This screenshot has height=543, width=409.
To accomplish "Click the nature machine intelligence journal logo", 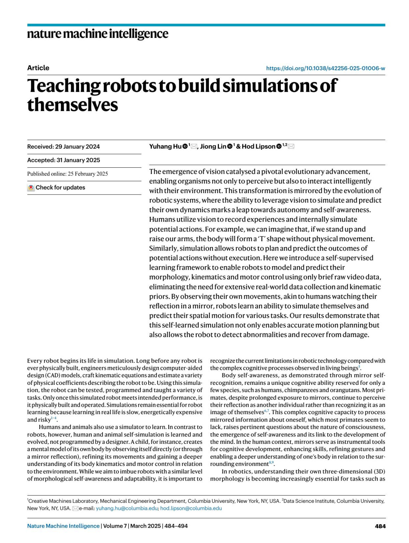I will click(x=97, y=34).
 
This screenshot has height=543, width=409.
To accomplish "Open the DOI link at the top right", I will click(x=325, y=68).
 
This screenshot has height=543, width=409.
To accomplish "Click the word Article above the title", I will click(x=38, y=68).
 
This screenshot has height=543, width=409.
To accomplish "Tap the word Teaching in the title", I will click(x=63, y=86).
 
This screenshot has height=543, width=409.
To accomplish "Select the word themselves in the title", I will click(x=72, y=104).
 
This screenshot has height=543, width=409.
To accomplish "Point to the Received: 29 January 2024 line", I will click(x=63, y=147).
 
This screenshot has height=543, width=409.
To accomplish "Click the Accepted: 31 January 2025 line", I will click(x=63, y=160).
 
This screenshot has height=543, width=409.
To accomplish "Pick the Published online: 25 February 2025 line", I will click(x=67, y=174).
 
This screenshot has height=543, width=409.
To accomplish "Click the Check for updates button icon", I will click(x=31, y=187).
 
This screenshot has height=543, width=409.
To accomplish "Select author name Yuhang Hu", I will click(x=165, y=147).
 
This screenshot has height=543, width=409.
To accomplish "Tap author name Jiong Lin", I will click(x=213, y=147).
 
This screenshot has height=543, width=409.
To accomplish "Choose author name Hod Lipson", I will click(x=258, y=147).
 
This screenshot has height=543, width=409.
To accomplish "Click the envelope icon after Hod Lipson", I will click(x=291, y=147).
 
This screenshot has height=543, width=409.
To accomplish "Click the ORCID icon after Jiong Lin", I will click(x=230, y=147).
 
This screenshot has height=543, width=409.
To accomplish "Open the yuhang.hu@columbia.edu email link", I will click(x=127, y=508).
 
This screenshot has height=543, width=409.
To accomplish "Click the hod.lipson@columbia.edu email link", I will click(x=191, y=508).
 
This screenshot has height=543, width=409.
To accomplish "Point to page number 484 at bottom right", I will click(x=380, y=526).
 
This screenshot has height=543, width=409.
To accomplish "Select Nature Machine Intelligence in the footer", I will click(x=63, y=526).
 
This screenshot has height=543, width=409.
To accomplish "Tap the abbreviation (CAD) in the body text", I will click(x=52, y=375).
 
